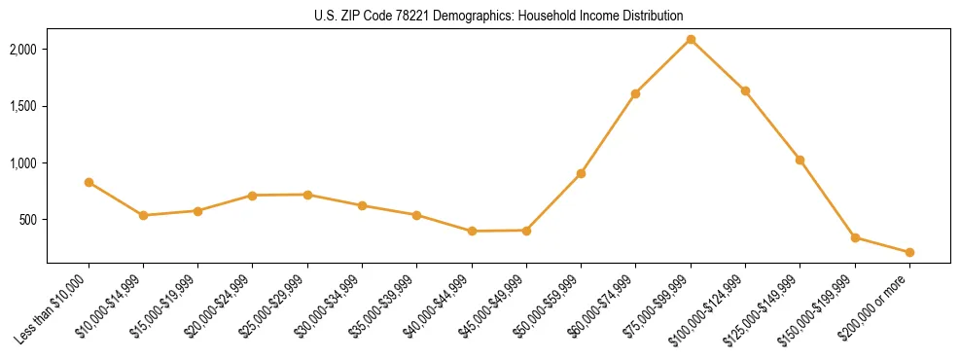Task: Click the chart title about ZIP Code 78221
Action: coord(480,16)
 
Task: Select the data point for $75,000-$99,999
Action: coord(691,39)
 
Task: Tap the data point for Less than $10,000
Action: coord(89,182)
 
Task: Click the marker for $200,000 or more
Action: coord(909,252)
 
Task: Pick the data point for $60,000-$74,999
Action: coord(635,93)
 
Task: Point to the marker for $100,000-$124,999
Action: coord(745,90)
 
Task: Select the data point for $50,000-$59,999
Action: coord(581,173)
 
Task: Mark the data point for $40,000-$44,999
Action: coord(472,232)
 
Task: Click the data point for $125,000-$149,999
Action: coord(800,160)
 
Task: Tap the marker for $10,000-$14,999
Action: coord(143,215)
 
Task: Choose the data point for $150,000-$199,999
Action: coord(855,237)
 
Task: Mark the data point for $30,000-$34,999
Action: coord(362,205)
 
